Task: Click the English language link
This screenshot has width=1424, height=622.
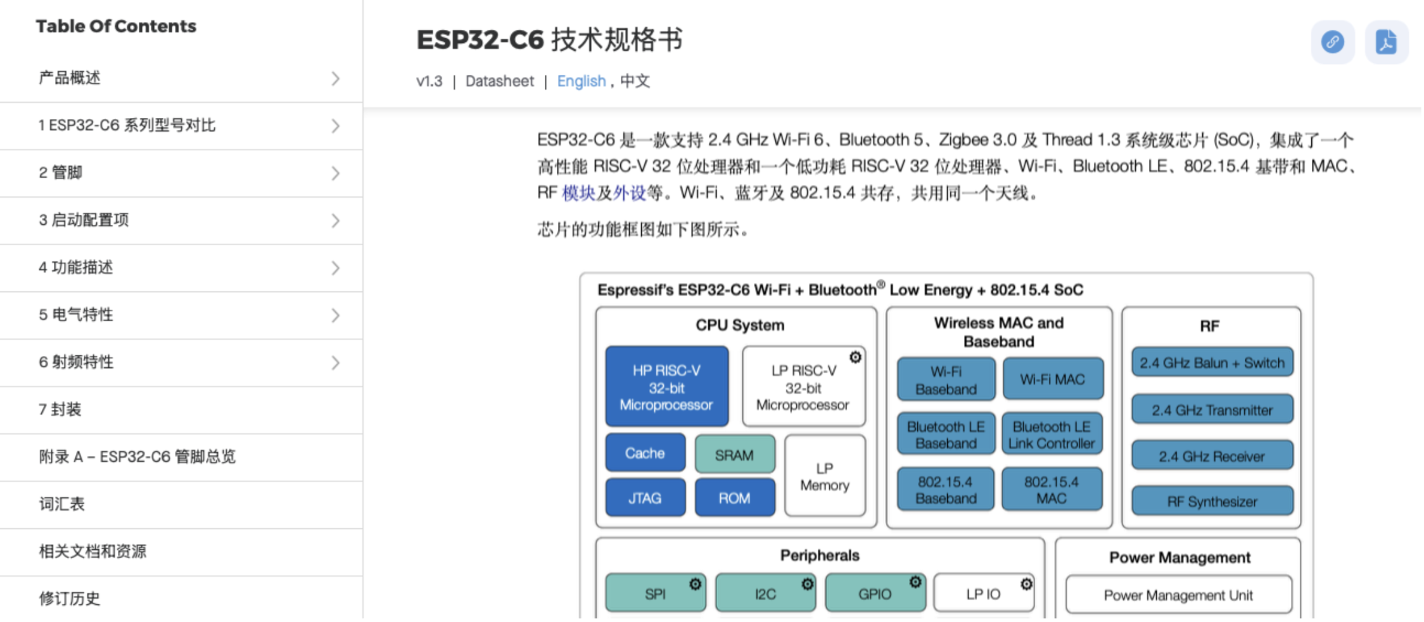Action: pos(581,81)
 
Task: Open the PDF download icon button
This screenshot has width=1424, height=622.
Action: pos(1386,42)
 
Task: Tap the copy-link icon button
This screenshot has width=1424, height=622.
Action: pos(1333,42)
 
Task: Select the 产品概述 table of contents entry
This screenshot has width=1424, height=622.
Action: pos(70,78)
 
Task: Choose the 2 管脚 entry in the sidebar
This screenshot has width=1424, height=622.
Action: pos(61,173)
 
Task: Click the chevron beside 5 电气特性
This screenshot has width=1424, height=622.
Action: pos(335,315)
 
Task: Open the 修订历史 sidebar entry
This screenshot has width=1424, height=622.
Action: pos(70,599)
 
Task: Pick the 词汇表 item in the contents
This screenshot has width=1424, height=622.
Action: pos(62,504)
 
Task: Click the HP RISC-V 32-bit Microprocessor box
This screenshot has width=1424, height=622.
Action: pos(666,387)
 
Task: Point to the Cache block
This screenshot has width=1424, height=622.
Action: pos(645,454)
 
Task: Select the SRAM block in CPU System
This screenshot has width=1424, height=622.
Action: pos(734,455)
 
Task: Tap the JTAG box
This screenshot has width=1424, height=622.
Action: pos(645,498)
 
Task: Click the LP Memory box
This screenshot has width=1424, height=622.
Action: pos(824,476)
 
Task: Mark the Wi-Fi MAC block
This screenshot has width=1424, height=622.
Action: pos(1052,379)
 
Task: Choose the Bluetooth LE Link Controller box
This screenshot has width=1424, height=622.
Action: pos(1052,435)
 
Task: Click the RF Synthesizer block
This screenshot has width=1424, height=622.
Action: pos(1212,502)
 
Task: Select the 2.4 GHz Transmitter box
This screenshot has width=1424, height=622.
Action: pos(1212,410)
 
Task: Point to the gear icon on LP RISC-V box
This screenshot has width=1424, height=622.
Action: pos(855,357)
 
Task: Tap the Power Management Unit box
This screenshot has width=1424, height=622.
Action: pos(1178,595)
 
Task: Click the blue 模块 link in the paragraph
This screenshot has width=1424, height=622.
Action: pos(578,193)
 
